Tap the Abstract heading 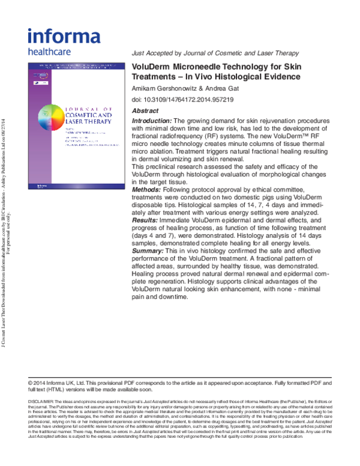(x=145, y=111)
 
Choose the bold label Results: (x=145, y=204)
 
